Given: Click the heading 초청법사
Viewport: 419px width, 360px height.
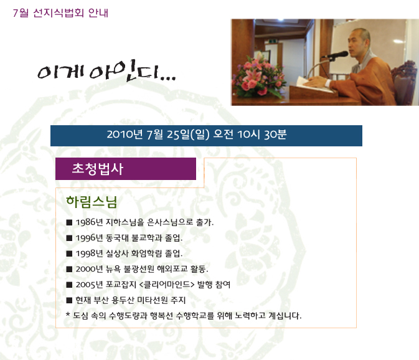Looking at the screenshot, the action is (x=98, y=169).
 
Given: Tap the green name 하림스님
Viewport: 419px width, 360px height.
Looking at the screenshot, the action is (x=92, y=202).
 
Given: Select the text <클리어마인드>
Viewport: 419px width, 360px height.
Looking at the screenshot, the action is (x=167, y=285).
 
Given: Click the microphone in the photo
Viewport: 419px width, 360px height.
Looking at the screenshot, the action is (x=336, y=55).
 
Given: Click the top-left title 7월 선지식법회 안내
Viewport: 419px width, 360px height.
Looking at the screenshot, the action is (x=60, y=13).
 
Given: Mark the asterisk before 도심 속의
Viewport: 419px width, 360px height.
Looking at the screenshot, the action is (x=68, y=314).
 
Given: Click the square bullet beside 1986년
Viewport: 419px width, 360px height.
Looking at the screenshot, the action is (x=69, y=222).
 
